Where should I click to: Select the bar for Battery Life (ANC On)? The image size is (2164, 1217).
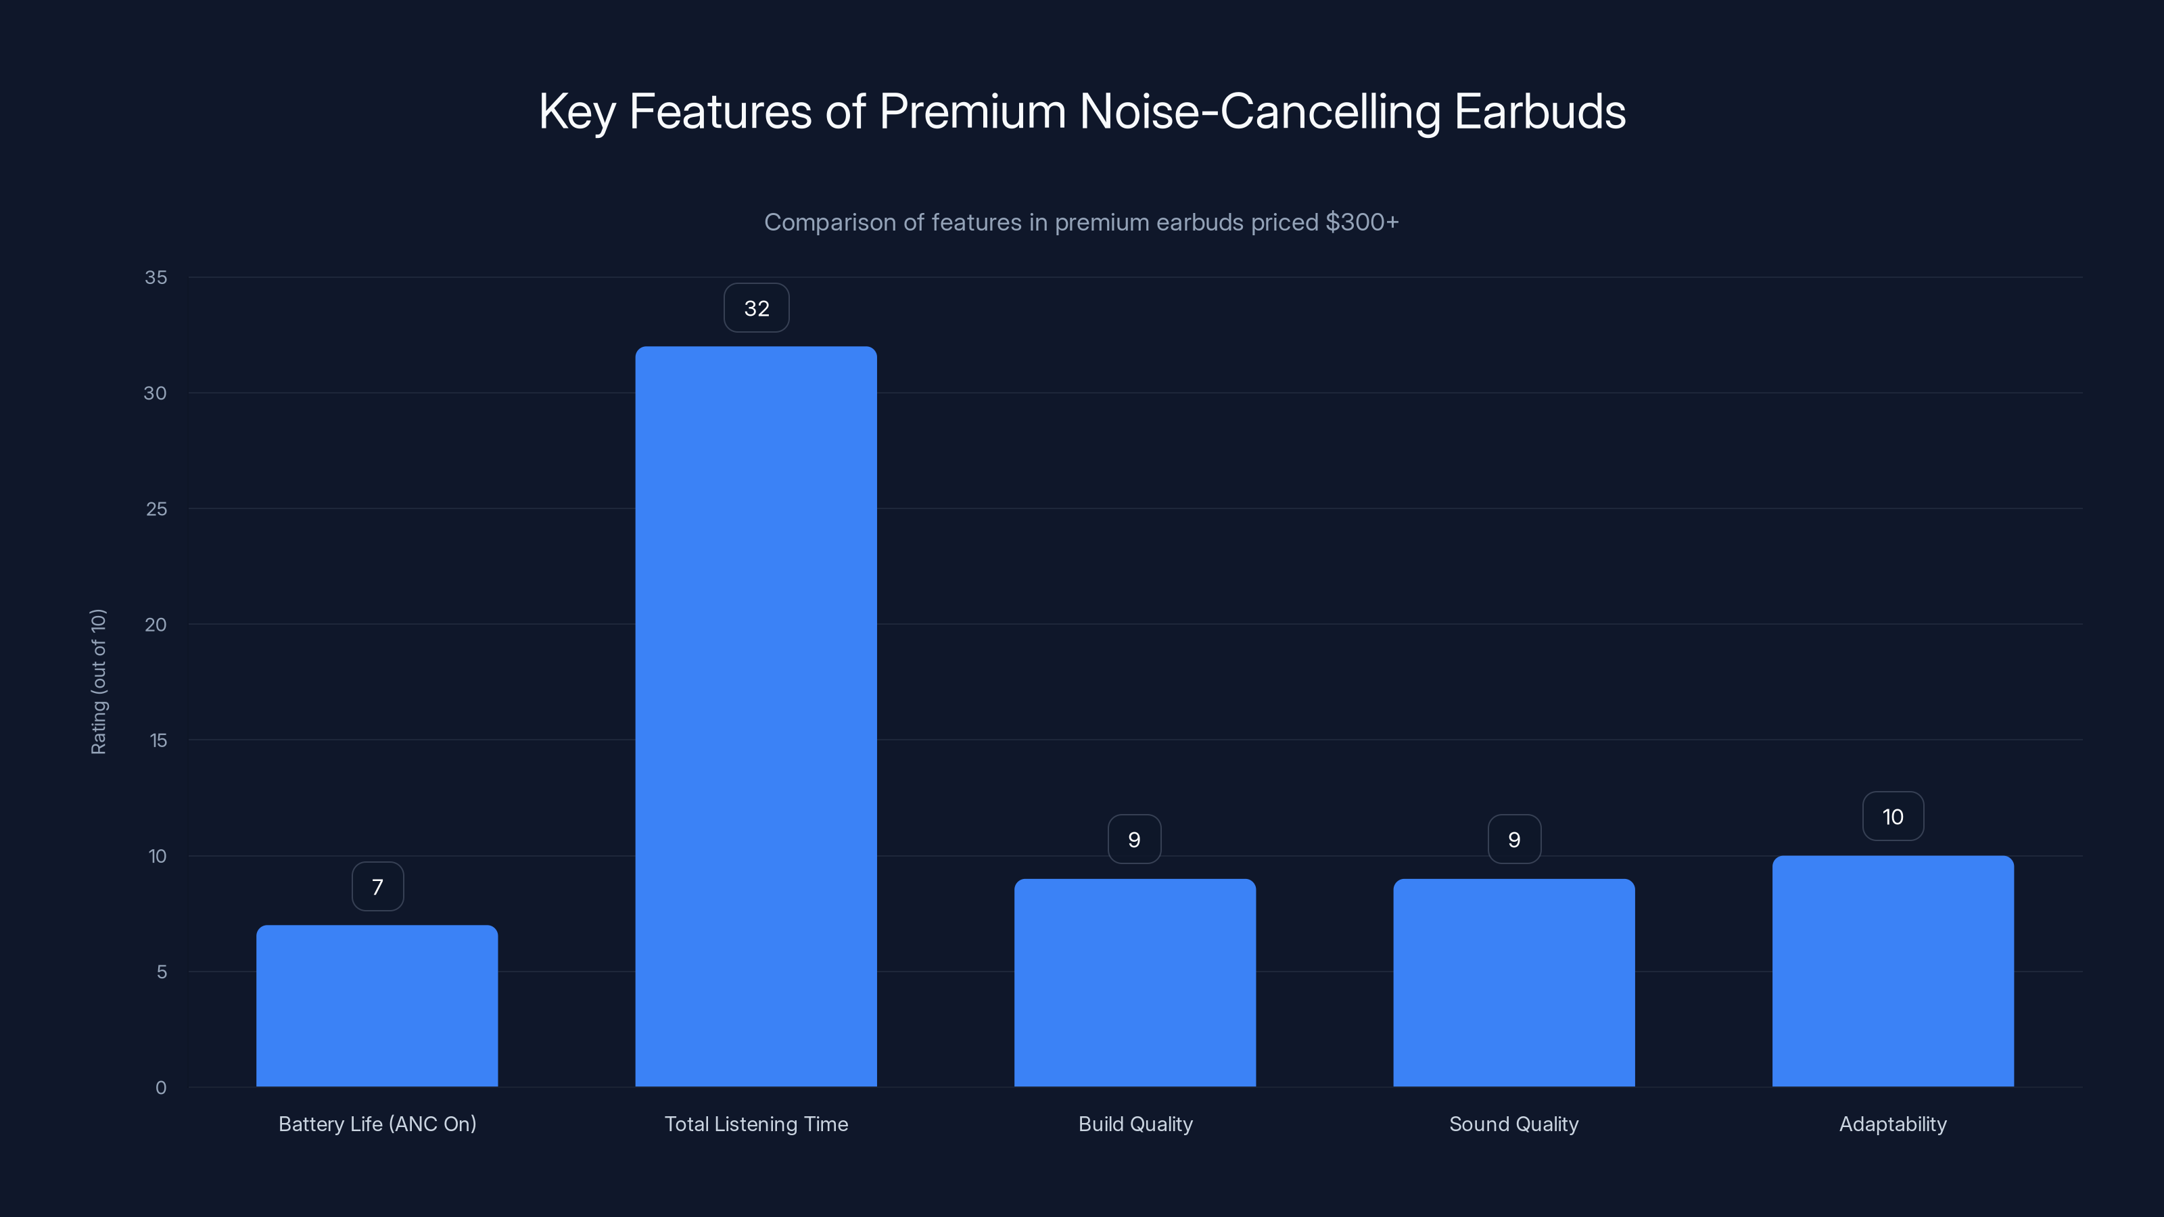[x=377, y=1005]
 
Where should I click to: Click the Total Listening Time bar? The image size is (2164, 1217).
[x=756, y=717]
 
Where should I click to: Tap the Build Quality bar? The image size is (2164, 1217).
[x=1135, y=982]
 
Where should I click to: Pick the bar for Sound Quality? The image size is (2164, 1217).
[x=1514, y=982]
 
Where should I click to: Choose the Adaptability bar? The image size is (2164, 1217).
[x=1893, y=971]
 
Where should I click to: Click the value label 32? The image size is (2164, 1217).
[x=756, y=308]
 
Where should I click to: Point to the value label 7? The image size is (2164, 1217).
[x=377, y=887]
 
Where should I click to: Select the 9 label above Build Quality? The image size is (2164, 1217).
[x=1134, y=840]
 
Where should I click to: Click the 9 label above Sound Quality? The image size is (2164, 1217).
[x=1514, y=840]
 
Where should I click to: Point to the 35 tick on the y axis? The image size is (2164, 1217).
[x=156, y=277]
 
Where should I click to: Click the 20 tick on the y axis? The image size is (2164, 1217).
[x=156, y=624]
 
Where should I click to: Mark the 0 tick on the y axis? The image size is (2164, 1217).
[x=160, y=1088]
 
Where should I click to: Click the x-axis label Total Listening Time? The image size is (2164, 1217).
[x=756, y=1124]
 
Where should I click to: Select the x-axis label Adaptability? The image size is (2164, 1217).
[x=1893, y=1124]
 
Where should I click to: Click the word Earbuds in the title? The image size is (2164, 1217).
[x=1539, y=112]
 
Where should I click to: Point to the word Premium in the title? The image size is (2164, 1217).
[x=972, y=112]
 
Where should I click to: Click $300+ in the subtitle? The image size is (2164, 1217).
[x=1362, y=222]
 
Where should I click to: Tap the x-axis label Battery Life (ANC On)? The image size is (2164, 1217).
[x=377, y=1124]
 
